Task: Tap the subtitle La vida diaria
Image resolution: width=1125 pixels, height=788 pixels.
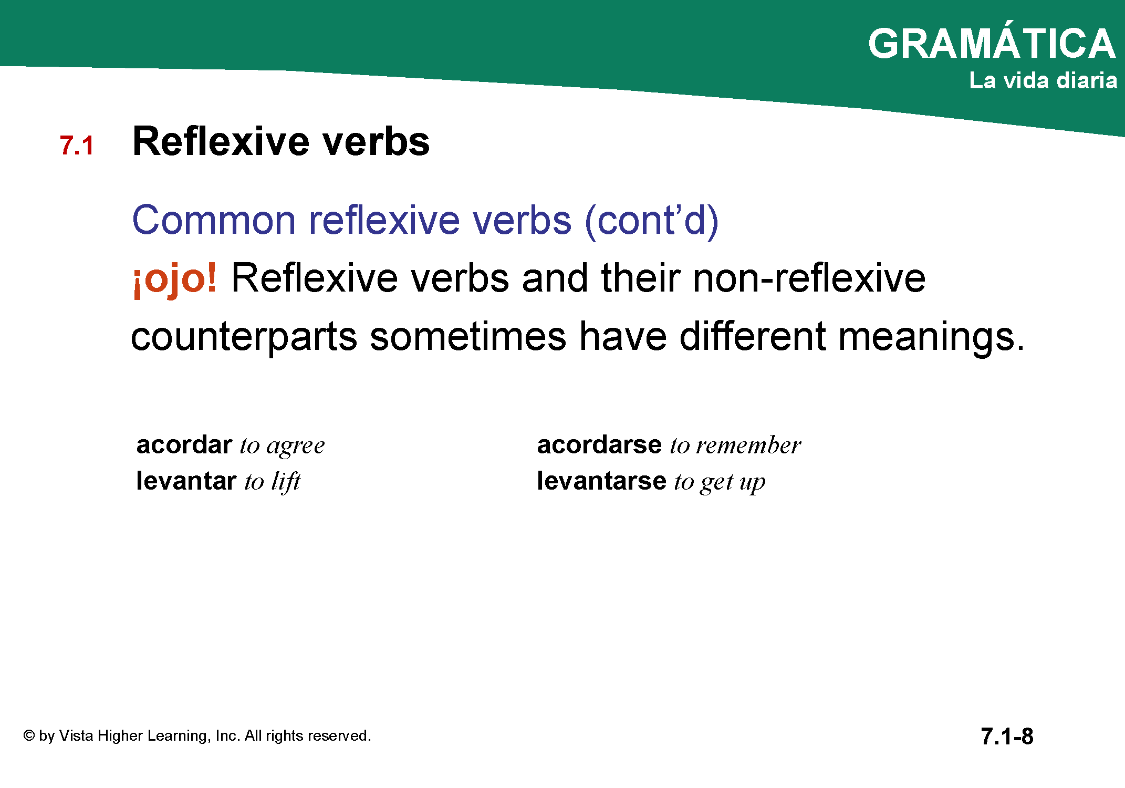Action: [1043, 80]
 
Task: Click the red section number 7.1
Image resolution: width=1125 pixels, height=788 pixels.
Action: [77, 146]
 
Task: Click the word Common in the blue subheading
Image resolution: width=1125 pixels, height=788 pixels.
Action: [214, 220]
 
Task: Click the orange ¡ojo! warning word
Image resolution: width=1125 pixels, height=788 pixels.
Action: [175, 279]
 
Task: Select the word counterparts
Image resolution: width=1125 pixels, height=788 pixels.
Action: [244, 337]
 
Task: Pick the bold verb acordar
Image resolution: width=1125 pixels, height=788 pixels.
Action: [184, 445]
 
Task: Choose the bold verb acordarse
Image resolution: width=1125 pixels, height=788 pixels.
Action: [599, 445]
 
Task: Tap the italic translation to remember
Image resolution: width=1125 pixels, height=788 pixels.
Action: [735, 445]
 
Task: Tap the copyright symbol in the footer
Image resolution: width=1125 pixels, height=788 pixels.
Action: [29, 735]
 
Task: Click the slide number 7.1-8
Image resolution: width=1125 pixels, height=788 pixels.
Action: [1007, 737]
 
